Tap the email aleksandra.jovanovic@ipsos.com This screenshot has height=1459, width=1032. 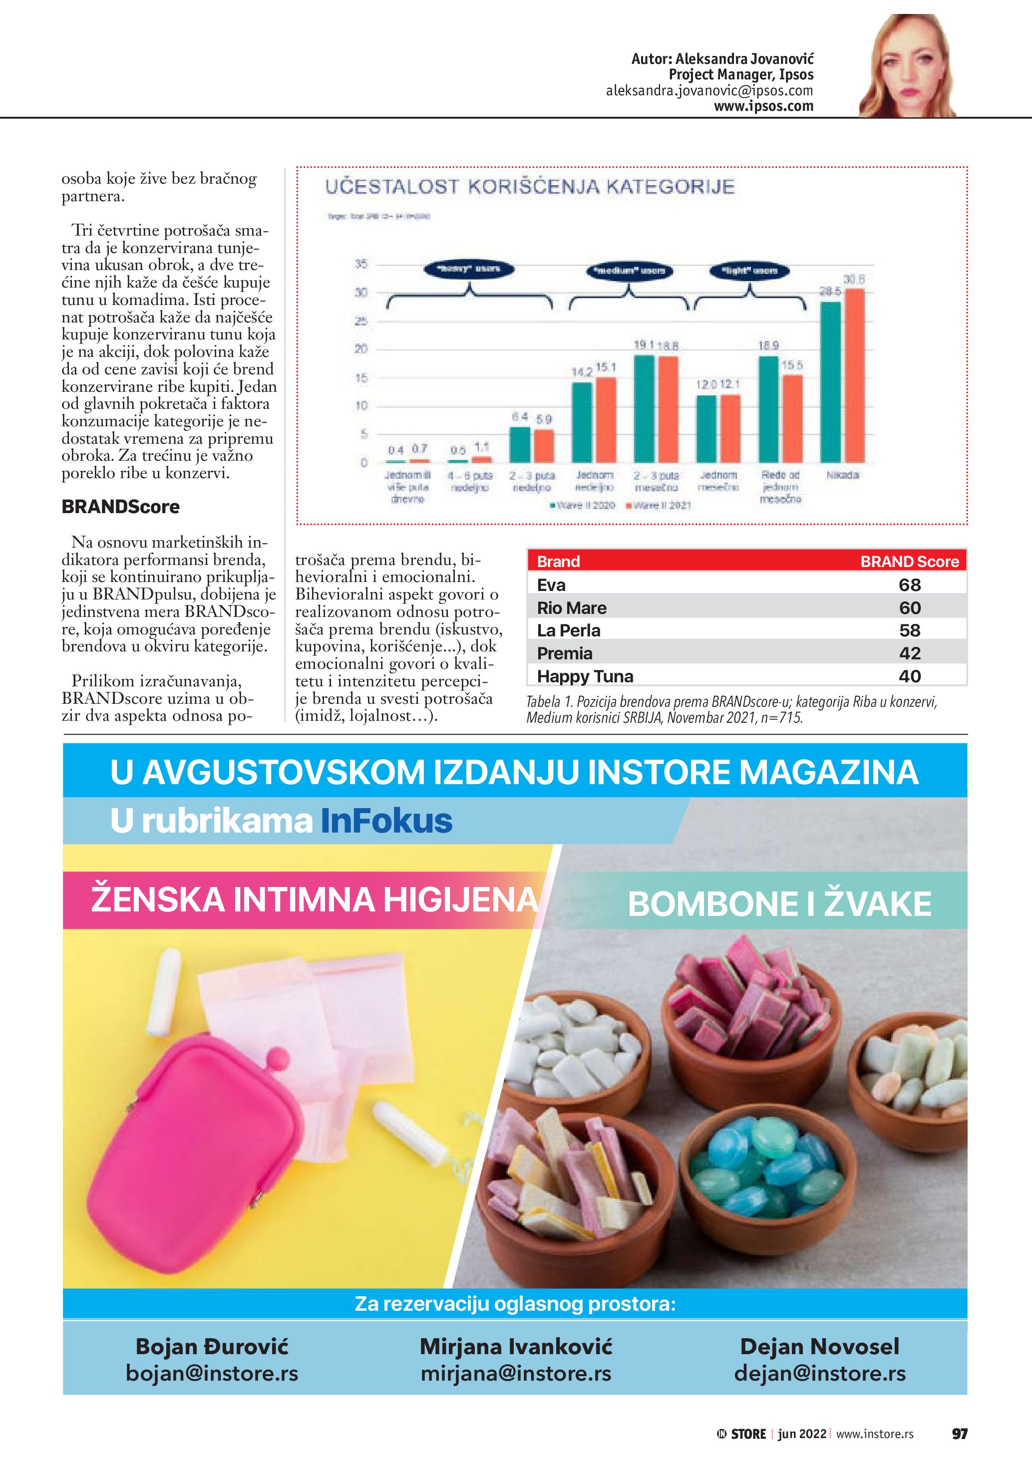[709, 91]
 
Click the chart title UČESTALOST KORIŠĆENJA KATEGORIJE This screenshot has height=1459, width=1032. [530, 187]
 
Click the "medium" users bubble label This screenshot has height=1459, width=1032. [629, 271]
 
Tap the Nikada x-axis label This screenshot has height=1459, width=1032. [843, 475]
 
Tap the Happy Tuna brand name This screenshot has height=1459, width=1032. [585, 676]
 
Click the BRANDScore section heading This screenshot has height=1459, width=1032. [121, 507]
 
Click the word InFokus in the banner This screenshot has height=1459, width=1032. [386, 821]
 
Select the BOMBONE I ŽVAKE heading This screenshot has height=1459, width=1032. [779, 903]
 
